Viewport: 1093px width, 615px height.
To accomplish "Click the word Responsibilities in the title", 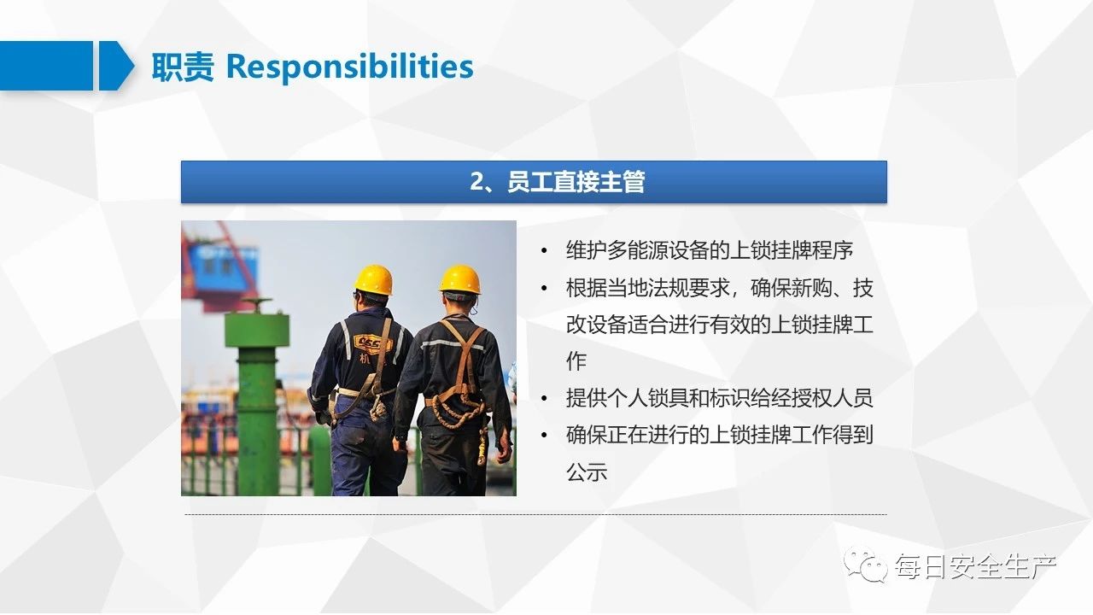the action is (x=349, y=67).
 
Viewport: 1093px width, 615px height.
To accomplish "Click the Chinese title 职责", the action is (x=183, y=67).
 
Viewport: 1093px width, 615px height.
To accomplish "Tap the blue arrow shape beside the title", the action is (x=116, y=66).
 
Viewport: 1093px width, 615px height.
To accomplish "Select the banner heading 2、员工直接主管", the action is (x=557, y=182).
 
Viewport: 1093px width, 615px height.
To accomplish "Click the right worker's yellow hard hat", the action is (x=460, y=278).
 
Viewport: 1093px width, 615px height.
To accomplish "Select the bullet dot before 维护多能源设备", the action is (x=544, y=251).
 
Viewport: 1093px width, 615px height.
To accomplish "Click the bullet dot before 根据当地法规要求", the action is (x=544, y=289).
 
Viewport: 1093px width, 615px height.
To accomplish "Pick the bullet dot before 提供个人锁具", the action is (x=544, y=398).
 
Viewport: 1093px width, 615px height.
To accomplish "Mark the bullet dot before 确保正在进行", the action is (x=544, y=435).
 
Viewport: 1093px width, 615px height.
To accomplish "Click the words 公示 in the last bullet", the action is (x=587, y=472).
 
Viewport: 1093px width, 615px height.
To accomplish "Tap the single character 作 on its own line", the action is (x=576, y=361).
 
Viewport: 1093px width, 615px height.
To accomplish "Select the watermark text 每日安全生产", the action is (x=975, y=566).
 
